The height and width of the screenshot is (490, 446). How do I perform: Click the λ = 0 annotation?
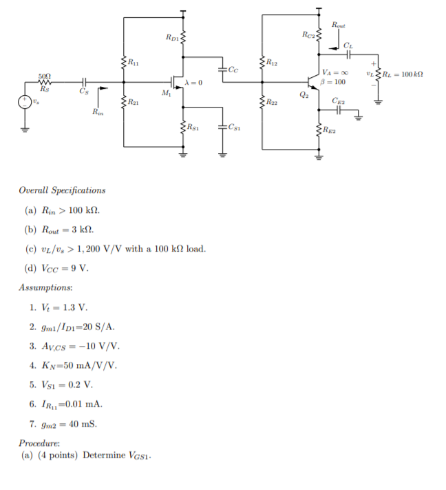(x=193, y=83)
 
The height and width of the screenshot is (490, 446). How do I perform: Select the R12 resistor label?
(x=271, y=63)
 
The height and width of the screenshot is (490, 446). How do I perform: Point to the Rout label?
(x=339, y=25)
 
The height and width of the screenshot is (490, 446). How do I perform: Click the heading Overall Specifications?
(x=62, y=190)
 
